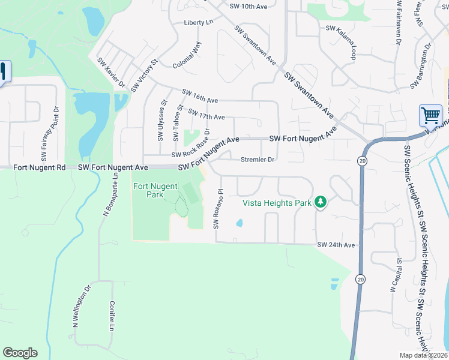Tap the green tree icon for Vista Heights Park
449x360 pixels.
pos(321,202)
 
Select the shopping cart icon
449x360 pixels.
pos(430,115)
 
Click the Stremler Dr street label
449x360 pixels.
pos(257,160)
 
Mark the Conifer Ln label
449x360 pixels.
pos(112,316)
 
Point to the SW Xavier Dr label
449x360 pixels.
pos(111,73)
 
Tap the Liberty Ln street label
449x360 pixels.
pos(199,23)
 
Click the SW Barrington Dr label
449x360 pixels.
pos(421,67)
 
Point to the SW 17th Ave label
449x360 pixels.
pos(206,114)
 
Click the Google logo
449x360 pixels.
pos(20,353)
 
